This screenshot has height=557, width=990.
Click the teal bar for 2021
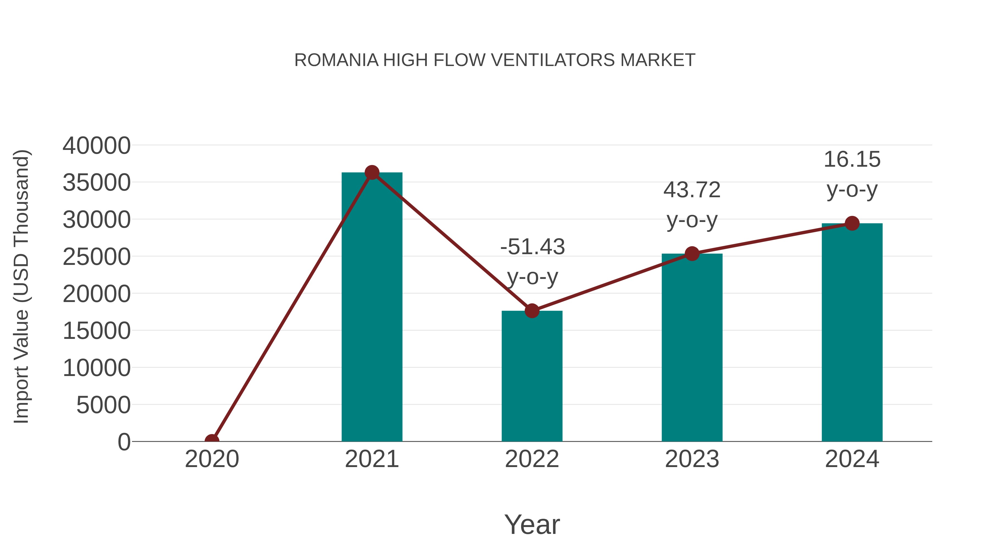[x=372, y=308]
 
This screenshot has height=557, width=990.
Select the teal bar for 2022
[x=532, y=377]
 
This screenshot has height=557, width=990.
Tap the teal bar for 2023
[x=692, y=348]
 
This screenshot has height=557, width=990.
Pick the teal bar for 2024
[x=852, y=333]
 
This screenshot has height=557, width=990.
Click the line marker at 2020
[x=212, y=441]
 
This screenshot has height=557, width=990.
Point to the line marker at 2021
[x=372, y=172]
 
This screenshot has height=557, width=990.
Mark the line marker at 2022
[x=532, y=311]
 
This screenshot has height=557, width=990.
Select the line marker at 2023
[x=692, y=254]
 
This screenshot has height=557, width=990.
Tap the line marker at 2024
[x=852, y=223]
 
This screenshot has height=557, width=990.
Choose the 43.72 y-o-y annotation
[x=692, y=205]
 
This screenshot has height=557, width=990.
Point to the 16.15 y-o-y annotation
[x=852, y=174]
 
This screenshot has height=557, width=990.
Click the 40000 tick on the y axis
[x=97, y=146]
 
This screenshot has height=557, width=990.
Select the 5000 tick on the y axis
[x=103, y=405]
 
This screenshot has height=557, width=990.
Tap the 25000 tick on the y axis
[x=97, y=257]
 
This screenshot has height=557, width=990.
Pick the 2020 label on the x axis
[x=212, y=459]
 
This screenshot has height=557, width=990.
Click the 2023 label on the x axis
[x=692, y=459]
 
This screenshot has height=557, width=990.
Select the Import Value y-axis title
[x=21, y=286]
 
